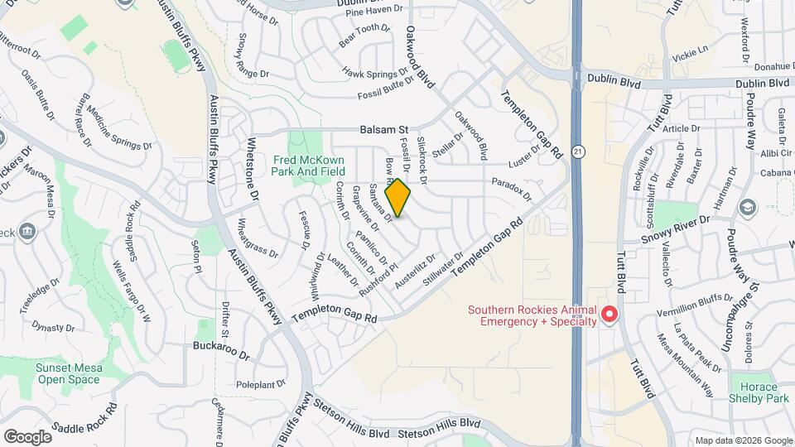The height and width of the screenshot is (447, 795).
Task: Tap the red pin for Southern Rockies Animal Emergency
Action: [609, 315]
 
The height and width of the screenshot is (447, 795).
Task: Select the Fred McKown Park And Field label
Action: [309, 165]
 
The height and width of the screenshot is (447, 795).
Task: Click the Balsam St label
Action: [384, 130]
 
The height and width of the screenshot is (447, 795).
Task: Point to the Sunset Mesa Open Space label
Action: [67, 374]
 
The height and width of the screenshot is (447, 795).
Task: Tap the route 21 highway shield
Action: [577, 151]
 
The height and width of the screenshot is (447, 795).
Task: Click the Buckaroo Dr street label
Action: [221, 349]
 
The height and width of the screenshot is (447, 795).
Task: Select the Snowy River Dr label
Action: [677, 230]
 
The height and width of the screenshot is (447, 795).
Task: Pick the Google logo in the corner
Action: [27, 436]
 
